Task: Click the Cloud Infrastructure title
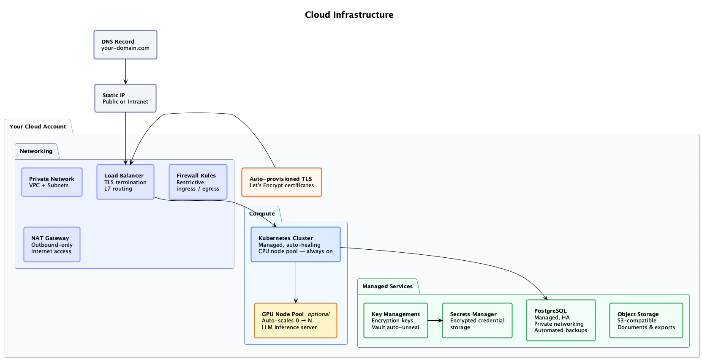click(x=349, y=15)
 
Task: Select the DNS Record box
click(x=125, y=45)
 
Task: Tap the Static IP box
click(x=125, y=98)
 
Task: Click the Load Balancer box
click(x=125, y=182)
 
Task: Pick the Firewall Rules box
click(x=198, y=182)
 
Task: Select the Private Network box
click(x=52, y=182)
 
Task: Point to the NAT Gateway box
click(x=52, y=245)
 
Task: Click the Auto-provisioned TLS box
click(x=282, y=182)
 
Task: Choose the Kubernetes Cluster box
click(x=296, y=245)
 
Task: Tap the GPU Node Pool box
click(x=296, y=321)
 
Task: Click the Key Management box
click(x=396, y=321)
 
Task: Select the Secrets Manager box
click(x=477, y=321)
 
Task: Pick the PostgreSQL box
click(x=561, y=321)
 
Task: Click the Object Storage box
click(x=646, y=321)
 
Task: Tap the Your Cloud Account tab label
click(x=38, y=127)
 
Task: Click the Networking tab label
click(x=36, y=151)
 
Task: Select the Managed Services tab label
click(x=387, y=286)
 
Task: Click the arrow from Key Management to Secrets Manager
click(x=435, y=321)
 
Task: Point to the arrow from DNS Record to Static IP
click(x=125, y=71)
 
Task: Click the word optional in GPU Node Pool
click(x=318, y=314)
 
